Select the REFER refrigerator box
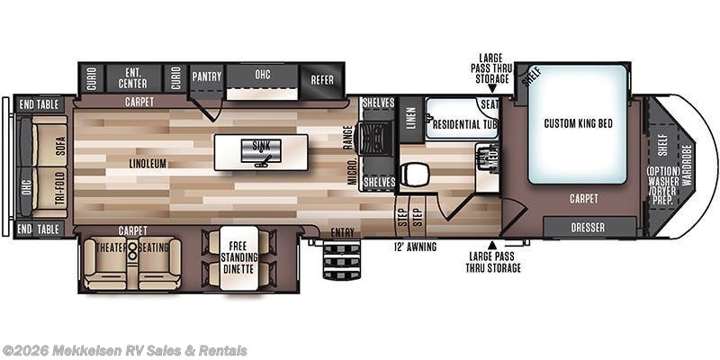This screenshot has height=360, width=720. (x=321, y=79)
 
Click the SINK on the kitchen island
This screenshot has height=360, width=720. (x=261, y=151)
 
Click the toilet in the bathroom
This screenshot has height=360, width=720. (x=415, y=173)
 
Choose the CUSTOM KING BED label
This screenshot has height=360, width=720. (x=578, y=123)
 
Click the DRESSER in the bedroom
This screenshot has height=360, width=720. (x=589, y=227)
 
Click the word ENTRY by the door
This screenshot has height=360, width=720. (x=342, y=233)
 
